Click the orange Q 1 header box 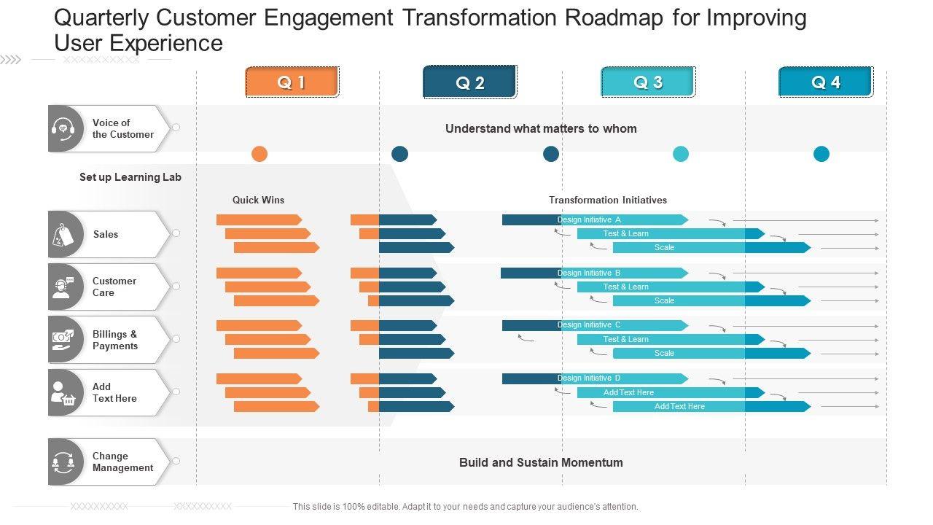click(x=292, y=82)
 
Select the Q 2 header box click(x=469, y=82)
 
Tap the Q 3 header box click(x=648, y=82)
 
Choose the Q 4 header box click(x=825, y=82)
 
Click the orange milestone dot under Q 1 click(x=259, y=154)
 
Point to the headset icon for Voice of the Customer click(x=66, y=129)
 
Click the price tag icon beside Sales click(x=64, y=235)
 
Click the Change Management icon click(x=63, y=462)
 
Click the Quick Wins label click(x=258, y=200)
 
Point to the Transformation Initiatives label click(x=607, y=200)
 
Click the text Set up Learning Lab click(x=130, y=177)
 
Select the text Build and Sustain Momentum click(x=541, y=462)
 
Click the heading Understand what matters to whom click(x=541, y=129)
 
